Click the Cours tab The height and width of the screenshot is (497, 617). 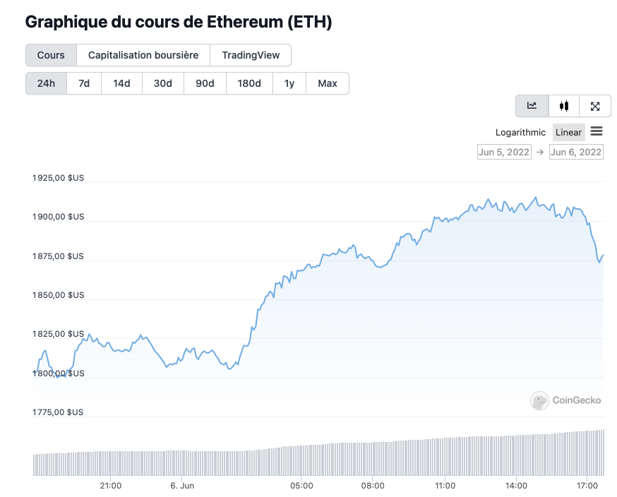[51, 55]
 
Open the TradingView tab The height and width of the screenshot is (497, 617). [251, 55]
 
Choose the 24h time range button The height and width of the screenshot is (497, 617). [46, 83]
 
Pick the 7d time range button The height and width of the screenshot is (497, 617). [84, 83]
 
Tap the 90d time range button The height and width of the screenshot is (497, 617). [205, 83]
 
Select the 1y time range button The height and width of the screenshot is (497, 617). [289, 83]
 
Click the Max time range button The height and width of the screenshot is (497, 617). [328, 83]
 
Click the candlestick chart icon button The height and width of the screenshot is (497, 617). [563, 106]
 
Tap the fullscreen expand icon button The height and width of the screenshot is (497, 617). [595, 106]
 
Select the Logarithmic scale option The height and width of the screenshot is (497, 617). [520, 132]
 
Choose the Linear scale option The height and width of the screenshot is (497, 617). [568, 132]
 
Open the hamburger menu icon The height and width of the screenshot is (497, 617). [597, 131]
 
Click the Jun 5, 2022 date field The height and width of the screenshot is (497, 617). [504, 152]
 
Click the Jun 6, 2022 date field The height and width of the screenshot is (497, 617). [576, 152]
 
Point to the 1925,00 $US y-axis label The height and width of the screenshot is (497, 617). [58, 178]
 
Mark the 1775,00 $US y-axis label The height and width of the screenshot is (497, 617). [58, 412]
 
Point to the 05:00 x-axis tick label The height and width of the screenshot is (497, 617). [301, 486]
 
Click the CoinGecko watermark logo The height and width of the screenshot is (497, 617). [566, 400]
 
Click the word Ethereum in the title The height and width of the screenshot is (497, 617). [244, 22]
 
